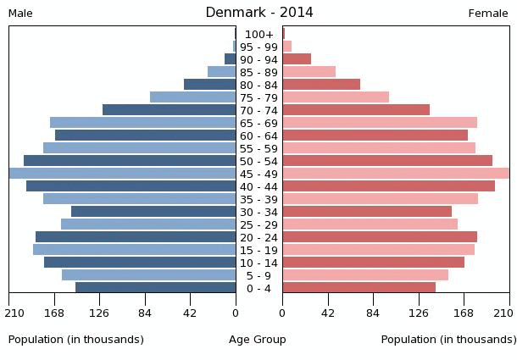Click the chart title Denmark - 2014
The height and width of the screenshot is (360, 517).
click(258, 13)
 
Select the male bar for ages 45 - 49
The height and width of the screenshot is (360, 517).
click(123, 174)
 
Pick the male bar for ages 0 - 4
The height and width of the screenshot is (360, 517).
click(156, 288)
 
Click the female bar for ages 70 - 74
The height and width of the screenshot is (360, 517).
click(356, 110)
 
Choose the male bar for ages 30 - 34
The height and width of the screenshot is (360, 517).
click(153, 212)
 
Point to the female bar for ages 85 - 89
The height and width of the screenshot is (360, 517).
click(309, 72)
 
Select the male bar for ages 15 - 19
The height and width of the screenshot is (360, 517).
click(135, 250)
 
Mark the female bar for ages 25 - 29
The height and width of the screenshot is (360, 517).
click(370, 224)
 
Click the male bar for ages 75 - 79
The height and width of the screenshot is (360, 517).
click(193, 97)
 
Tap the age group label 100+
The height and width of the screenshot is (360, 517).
click(258, 35)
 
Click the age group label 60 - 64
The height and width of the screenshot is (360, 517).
click(258, 136)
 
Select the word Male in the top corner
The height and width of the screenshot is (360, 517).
click(20, 14)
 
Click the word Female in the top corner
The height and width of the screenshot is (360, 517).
click(488, 14)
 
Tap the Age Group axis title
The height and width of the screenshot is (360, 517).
click(258, 340)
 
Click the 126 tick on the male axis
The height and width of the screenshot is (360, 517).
click(100, 313)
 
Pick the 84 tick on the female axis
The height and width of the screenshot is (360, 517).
click(373, 313)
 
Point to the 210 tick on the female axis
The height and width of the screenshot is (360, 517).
click(508, 313)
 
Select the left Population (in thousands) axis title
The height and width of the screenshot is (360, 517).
click(76, 340)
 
